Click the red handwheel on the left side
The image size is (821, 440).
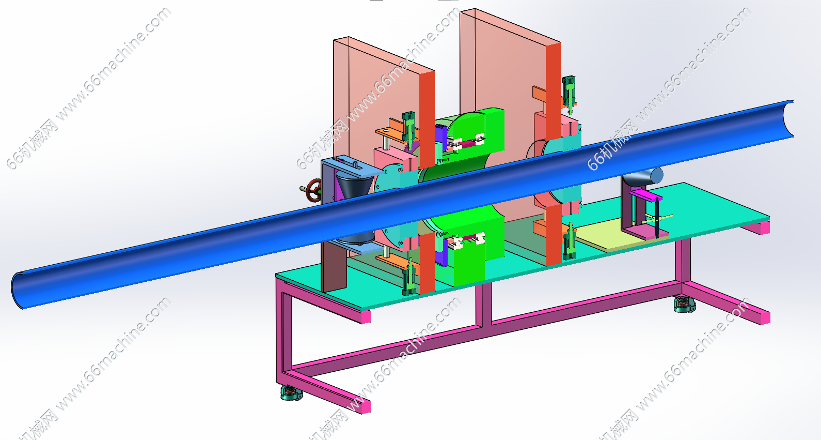314,190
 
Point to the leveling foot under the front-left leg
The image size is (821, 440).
291,392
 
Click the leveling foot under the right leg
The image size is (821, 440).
684,305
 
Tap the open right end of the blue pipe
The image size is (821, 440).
787,118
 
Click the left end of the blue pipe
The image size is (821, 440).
17,291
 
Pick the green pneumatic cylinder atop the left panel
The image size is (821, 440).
408,127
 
